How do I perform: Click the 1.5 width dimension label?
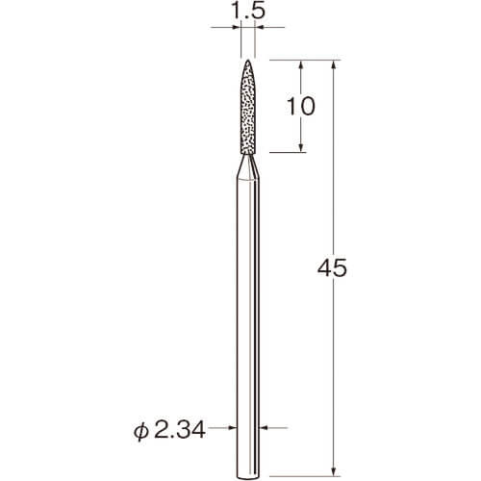point(248,12)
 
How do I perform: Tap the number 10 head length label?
point(300,106)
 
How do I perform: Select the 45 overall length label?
point(332,267)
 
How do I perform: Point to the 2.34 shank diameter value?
point(180,430)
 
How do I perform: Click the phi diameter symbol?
point(141,432)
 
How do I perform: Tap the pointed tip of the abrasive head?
point(248,60)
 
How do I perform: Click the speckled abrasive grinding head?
point(248,107)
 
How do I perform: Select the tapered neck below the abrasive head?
point(248,166)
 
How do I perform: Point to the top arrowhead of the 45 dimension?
point(334,63)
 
